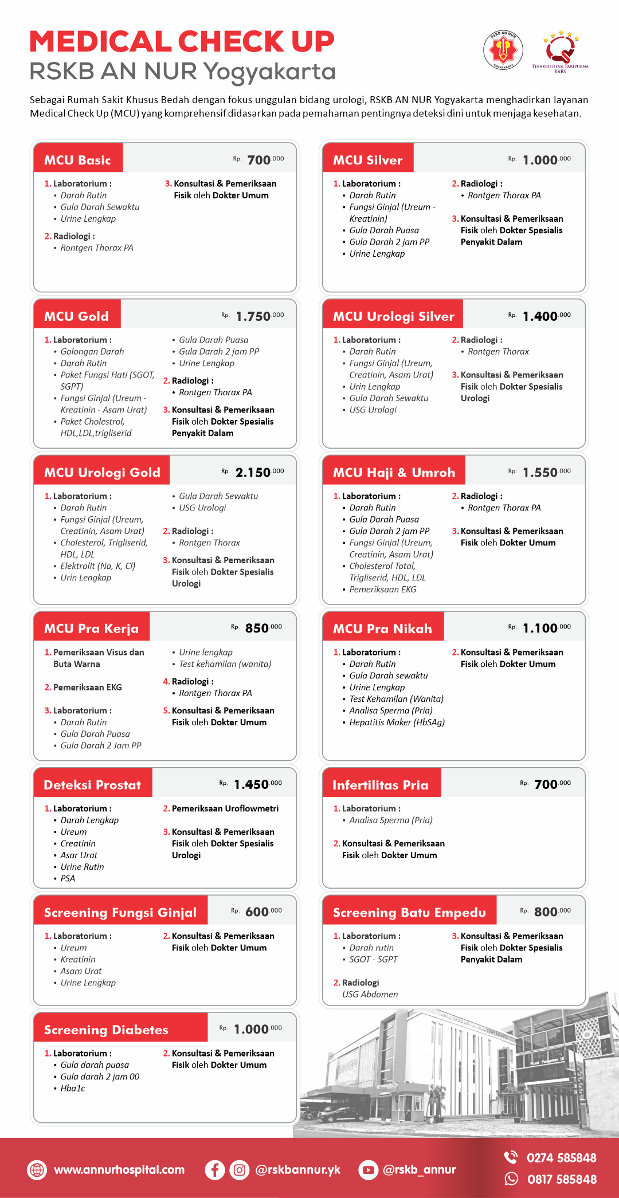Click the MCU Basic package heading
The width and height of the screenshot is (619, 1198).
tap(77, 160)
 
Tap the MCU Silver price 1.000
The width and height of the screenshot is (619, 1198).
tap(539, 160)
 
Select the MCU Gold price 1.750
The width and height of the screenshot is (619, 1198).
tap(253, 316)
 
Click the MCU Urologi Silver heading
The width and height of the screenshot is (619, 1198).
tap(393, 316)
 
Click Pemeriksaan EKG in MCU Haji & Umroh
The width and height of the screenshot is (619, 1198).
tap(382, 589)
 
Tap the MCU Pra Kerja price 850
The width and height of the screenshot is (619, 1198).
tap(257, 628)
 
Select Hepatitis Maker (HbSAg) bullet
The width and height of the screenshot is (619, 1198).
tap(397, 722)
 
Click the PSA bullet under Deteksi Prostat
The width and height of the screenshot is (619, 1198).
tap(68, 878)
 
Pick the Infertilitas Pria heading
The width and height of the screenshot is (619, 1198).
tap(380, 785)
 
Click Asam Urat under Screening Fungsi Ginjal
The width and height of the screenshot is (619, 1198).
tap(81, 971)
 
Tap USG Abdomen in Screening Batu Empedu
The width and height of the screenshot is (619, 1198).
tap(370, 994)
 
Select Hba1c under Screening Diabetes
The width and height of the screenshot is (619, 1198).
tap(72, 1088)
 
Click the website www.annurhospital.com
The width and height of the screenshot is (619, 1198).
tap(119, 1169)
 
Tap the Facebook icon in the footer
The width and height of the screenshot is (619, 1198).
tap(214, 1169)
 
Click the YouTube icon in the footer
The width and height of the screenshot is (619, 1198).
tap(368, 1169)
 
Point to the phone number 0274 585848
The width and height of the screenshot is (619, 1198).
tap(561, 1158)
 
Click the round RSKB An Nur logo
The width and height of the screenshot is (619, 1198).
tap(503, 50)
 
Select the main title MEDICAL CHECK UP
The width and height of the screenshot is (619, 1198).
tap(182, 42)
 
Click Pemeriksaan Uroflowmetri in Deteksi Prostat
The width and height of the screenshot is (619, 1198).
tap(225, 808)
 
